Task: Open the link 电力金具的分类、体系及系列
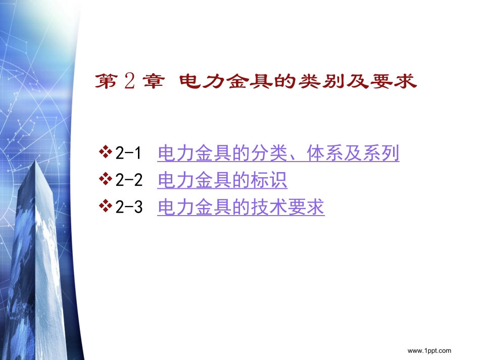[x=278, y=153]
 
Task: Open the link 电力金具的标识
[x=222, y=180]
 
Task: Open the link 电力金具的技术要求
[x=241, y=208]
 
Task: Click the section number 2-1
[x=129, y=153]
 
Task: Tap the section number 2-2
[x=129, y=181]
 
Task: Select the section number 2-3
[x=129, y=208]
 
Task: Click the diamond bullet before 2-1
[x=107, y=151]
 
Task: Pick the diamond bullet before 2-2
[x=107, y=179]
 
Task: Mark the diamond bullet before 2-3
[x=107, y=206]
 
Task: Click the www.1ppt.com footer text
[x=429, y=350]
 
